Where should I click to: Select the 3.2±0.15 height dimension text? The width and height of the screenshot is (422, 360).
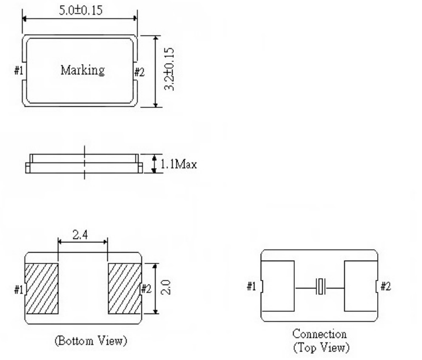tap(169, 70)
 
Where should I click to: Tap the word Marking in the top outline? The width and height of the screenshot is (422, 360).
tap(82, 71)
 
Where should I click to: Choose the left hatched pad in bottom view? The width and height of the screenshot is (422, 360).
tap(42, 289)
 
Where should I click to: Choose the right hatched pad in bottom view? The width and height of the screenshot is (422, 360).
tap(125, 289)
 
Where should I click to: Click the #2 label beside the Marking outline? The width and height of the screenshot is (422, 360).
tap(139, 72)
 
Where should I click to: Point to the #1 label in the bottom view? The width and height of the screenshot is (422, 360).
tap(18, 290)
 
